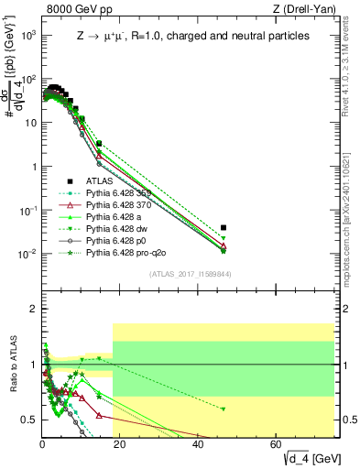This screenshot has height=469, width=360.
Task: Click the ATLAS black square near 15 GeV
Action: (x=99, y=144)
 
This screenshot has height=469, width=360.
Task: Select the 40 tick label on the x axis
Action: (x=199, y=443)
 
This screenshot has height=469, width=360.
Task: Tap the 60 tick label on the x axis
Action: (x=278, y=443)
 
